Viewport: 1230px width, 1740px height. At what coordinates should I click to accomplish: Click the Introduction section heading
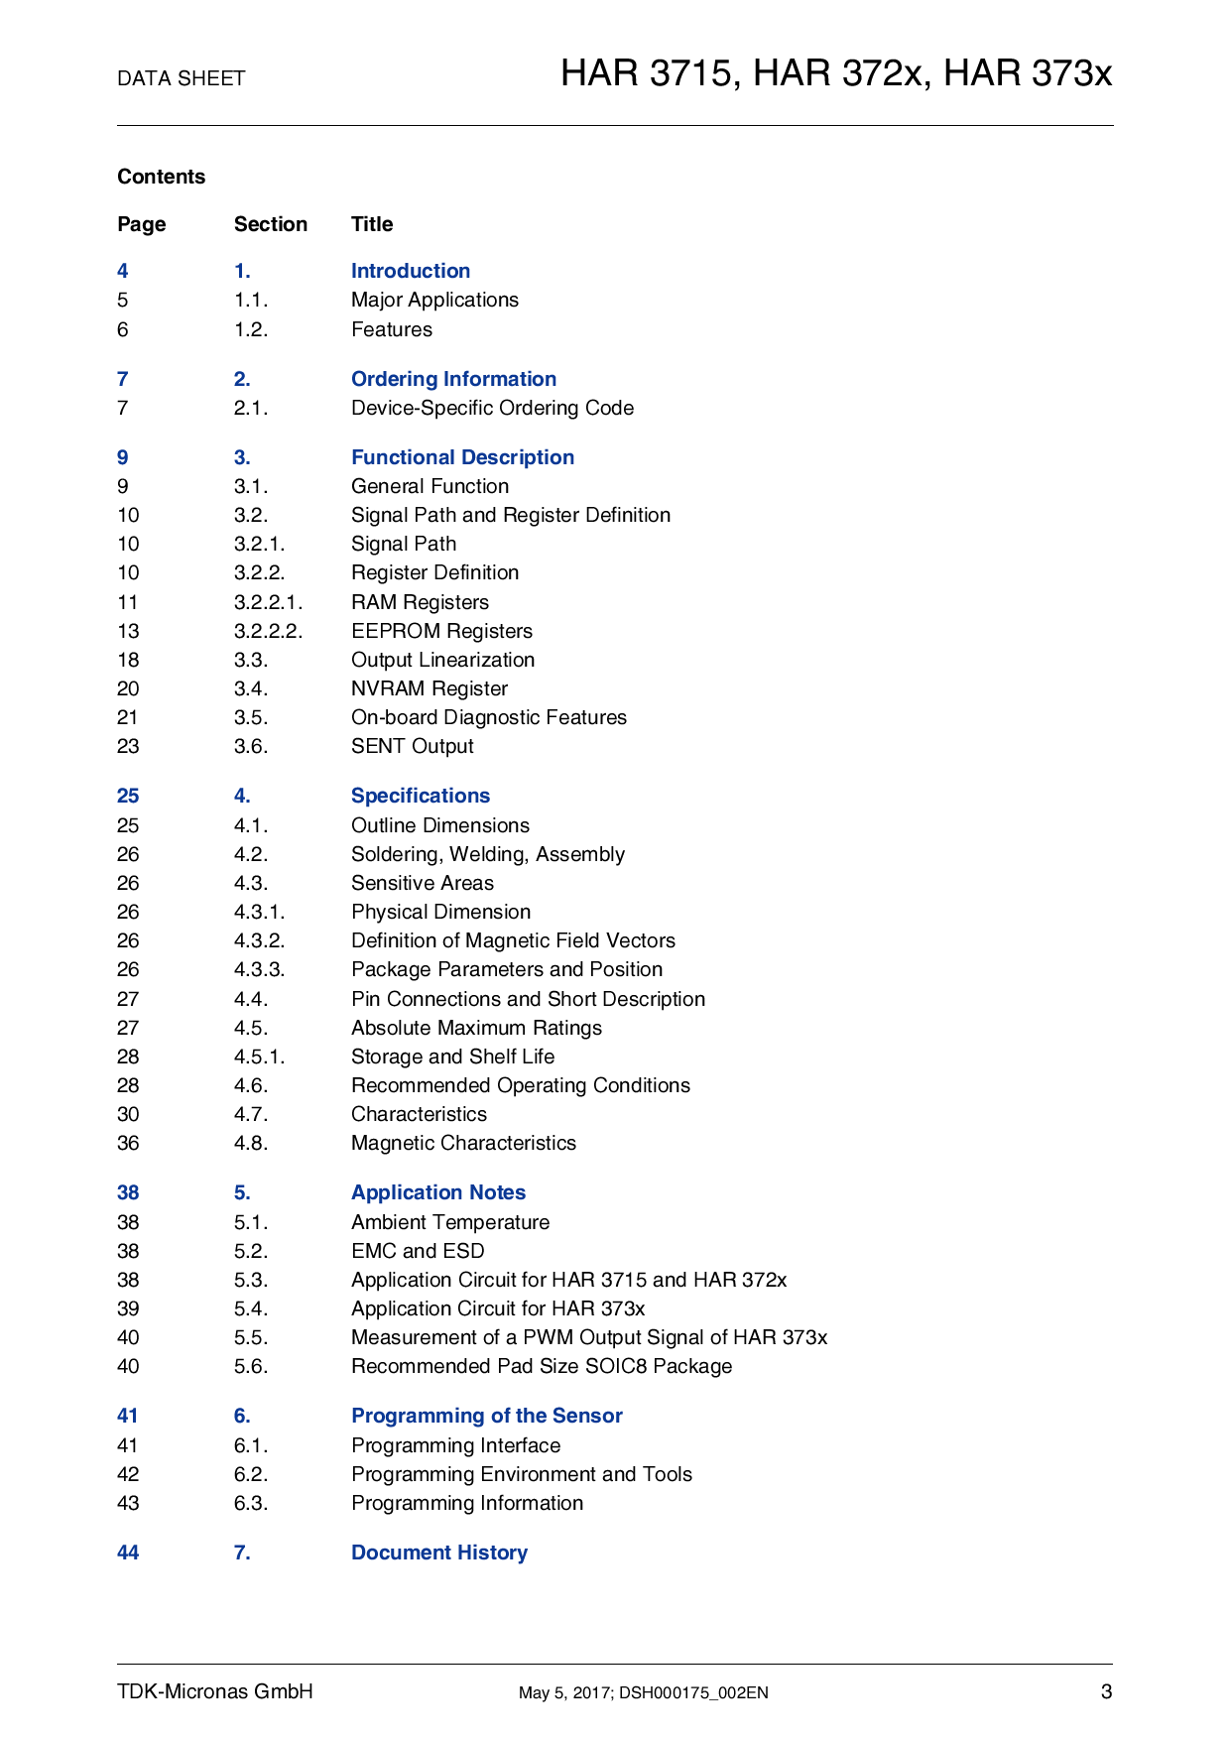(410, 271)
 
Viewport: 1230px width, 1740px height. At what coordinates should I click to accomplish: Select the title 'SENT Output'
(412, 746)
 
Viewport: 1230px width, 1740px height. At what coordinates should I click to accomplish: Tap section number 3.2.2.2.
(268, 631)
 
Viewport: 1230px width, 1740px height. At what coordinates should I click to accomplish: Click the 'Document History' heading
(438, 1553)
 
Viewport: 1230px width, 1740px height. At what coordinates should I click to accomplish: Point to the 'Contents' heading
(161, 177)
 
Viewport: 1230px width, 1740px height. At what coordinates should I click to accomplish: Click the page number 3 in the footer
(1106, 1691)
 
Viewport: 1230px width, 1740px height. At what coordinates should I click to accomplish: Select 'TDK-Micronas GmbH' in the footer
(214, 1691)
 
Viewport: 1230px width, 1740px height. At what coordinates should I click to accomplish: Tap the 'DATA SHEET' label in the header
(181, 78)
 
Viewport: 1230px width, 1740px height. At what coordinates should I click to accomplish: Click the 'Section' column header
(270, 224)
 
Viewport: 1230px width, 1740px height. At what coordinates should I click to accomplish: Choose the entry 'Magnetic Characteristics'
(463, 1143)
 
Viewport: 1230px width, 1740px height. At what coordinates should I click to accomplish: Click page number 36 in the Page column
(128, 1143)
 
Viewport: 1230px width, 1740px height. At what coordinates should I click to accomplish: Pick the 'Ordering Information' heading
(453, 379)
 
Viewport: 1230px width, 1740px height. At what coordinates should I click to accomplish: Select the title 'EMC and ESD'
(418, 1251)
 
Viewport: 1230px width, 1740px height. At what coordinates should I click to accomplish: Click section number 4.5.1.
(259, 1056)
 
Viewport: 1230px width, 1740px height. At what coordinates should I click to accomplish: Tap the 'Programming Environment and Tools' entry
(521, 1474)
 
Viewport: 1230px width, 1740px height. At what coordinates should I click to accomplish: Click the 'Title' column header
(372, 224)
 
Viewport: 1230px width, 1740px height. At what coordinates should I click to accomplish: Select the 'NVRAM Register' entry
(429, 688)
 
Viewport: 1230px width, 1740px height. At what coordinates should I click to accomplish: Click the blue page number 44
(128, 1553)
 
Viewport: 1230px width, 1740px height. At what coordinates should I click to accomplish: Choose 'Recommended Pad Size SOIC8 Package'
(541, 1366)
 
